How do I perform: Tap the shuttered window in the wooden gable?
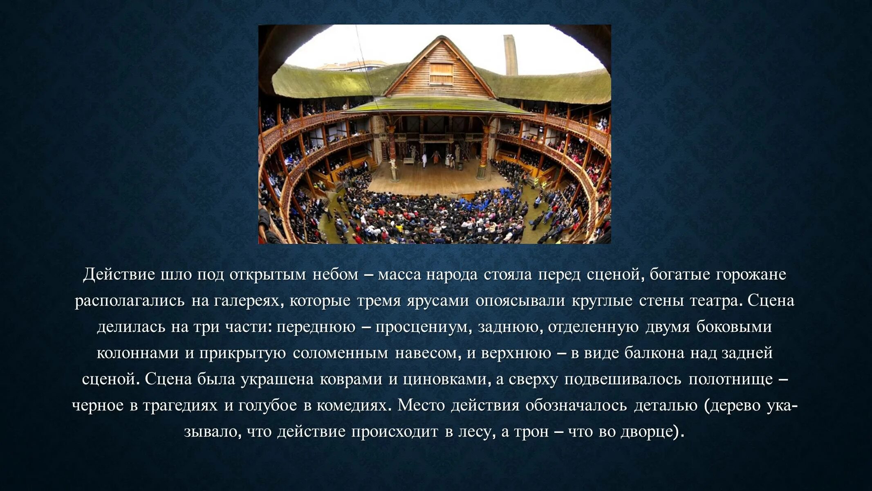pyautogui.click(x=441, y=73)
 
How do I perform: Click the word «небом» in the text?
pyautogui.click(x=336, y=275)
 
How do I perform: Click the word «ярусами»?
pyautogui.click(x=437, y=301)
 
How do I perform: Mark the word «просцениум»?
pyautogui.click(x=423, y=327)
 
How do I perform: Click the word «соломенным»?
pyautogui.click(x=340, y=353)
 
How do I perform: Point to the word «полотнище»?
pyautogui.click(x=731, y=379)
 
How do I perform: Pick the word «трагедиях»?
pyautogui.click(x=180, y=405)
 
